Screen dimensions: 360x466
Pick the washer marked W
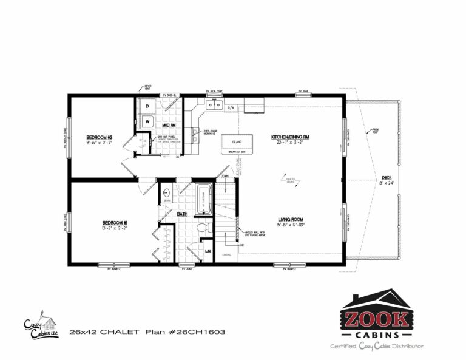click(x=147, y=121)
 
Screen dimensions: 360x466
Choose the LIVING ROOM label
click(x=291, y=220)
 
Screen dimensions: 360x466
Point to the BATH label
click(x=182, y=214)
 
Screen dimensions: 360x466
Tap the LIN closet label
click(x=208, y=250)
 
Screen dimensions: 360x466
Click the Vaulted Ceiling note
click(x=292, y=178)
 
